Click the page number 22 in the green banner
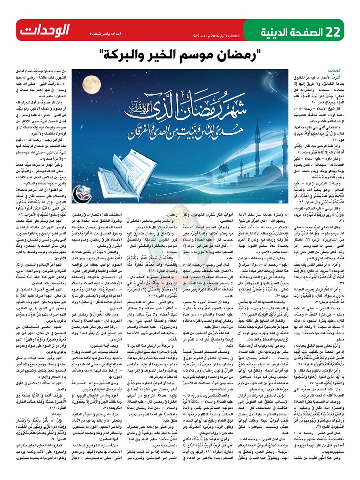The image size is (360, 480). [x=335, y=30]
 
